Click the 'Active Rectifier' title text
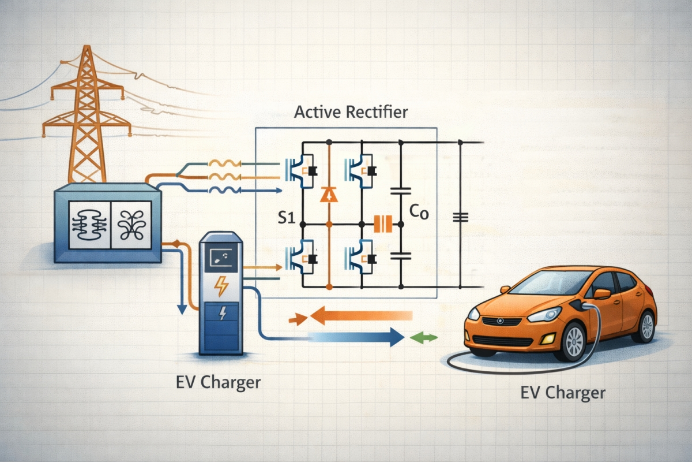coord(351,112)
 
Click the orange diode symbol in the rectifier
coord(329,194)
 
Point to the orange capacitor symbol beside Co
coord(383,223)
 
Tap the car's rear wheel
coord(647,326)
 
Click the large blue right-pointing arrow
coord(346,336)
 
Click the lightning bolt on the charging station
coord(221,285)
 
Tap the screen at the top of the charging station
coord(221,258)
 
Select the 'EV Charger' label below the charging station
coord(219,382)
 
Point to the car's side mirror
coord(601,294)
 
